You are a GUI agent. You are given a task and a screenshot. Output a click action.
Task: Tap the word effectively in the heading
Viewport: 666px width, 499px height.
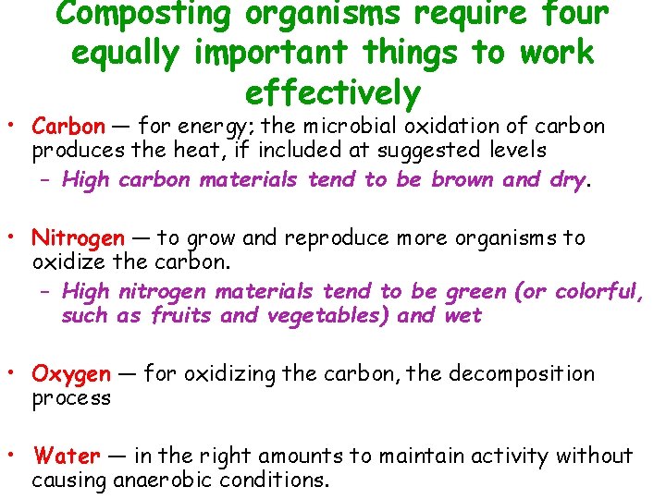pyautogui.click(x=333, y=93)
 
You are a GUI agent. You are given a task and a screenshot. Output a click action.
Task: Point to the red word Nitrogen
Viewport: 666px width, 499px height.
pyautogui.click(x=78, y=237)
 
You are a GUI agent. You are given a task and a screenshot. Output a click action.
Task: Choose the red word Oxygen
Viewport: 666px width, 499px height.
pyautogui.click(x=71, y=374)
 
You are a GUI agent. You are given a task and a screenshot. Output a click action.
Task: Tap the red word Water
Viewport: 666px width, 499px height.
pyautogui.click(x=66, y=456)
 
